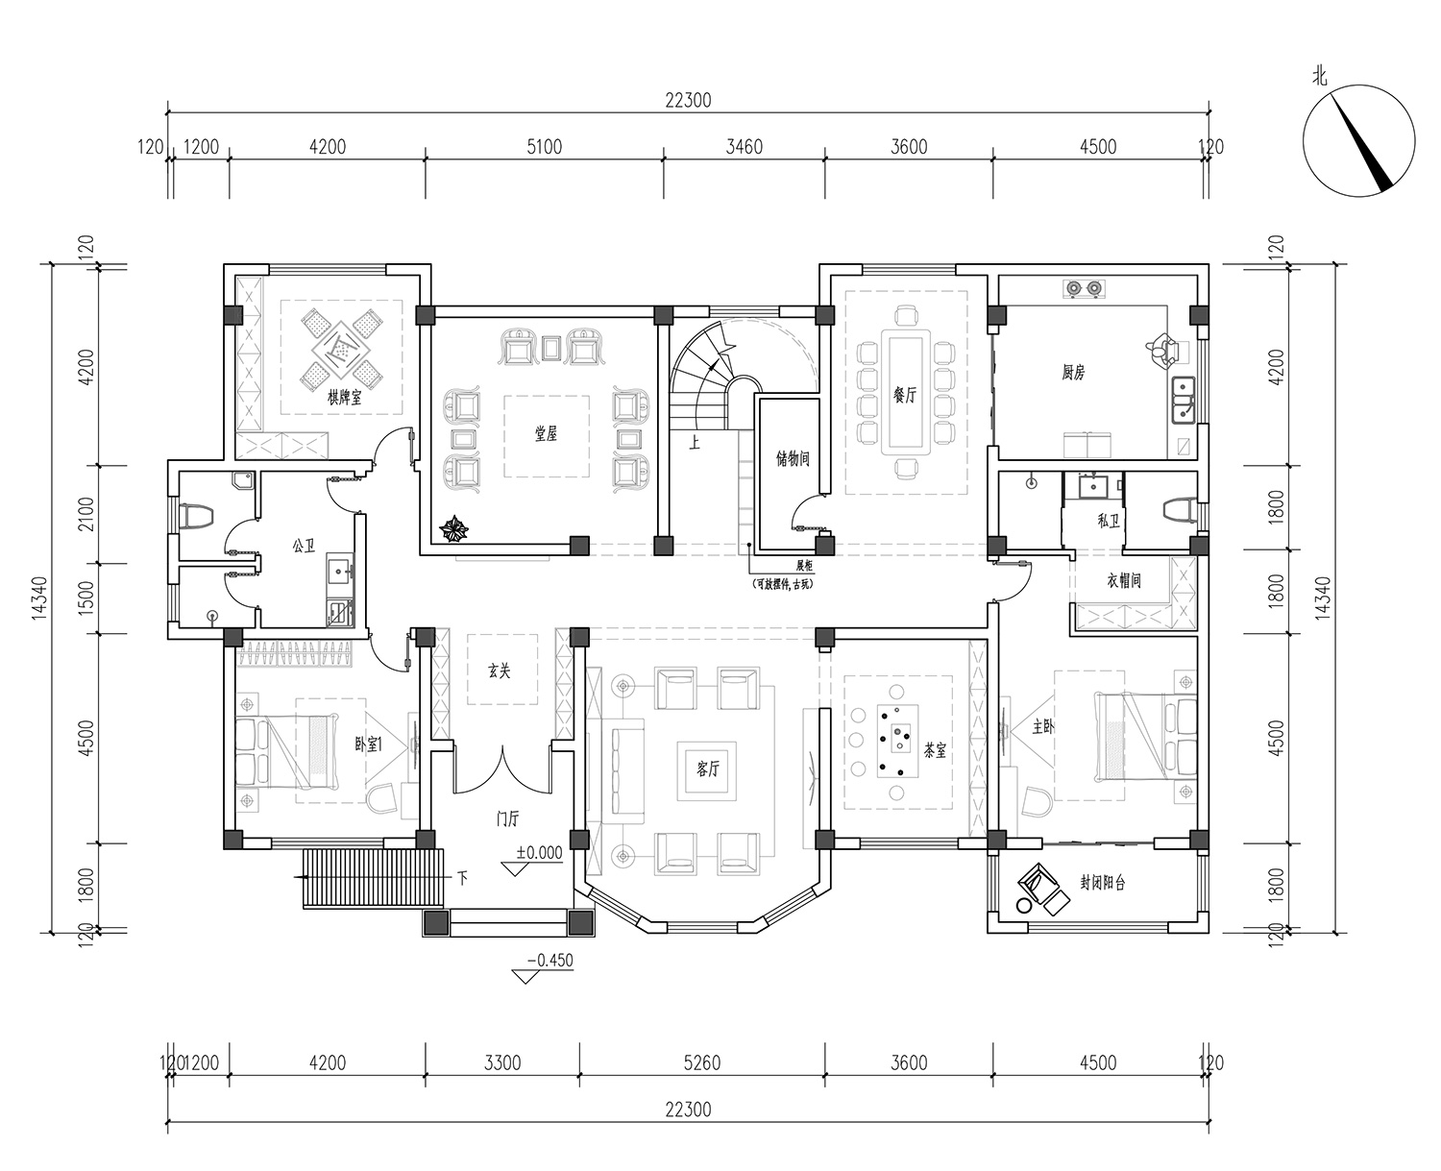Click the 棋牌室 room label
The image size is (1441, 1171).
[x=345, y=397]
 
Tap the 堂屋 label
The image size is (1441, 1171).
[x=546, y=433]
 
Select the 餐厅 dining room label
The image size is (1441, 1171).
[x=905, y=395]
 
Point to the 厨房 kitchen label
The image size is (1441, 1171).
[x=1074, y=372]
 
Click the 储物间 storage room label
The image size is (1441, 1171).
[x=793, y=458]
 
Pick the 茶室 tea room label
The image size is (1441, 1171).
[x=935, y=750]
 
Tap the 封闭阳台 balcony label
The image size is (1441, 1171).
[x=1102, y=882]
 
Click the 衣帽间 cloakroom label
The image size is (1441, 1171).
[x=1124, y=580]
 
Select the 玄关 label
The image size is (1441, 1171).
[x=500, y=671]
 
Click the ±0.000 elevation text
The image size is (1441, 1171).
[x=539, y=852]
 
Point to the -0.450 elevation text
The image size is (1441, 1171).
[x=550, y=960]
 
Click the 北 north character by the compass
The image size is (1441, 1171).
[x=1319, y=78]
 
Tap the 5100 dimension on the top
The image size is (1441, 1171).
[x=545, y=147]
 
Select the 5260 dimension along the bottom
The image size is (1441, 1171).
[x=702, y=1062]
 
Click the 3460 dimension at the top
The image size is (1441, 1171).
[x=745, y=147]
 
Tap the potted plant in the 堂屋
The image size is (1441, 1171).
[x=453, y=529]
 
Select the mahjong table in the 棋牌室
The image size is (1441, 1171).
[x=342, y=350]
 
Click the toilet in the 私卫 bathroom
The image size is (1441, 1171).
[x=1178, y=509]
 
